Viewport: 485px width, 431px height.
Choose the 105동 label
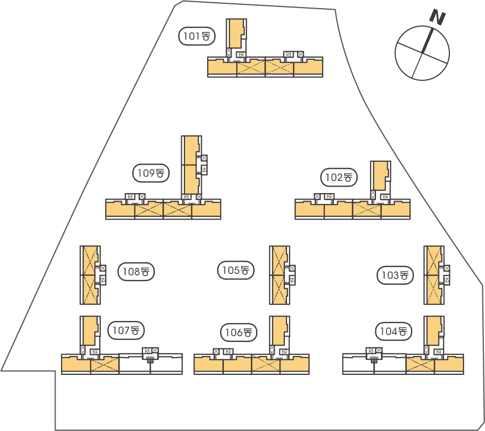tap(235, 270)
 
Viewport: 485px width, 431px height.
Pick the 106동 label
tap(239, 332)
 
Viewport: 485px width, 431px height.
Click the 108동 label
tap(136, 272)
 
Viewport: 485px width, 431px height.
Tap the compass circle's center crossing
tap(422, 53)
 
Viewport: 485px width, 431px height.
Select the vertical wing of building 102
tap(380, 175)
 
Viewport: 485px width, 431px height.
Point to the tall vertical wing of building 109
tap(191, 165)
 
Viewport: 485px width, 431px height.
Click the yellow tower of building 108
tap(89, 275)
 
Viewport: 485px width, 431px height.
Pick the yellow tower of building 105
tap(279, 275)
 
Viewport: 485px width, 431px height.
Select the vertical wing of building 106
tap(279, 330)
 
